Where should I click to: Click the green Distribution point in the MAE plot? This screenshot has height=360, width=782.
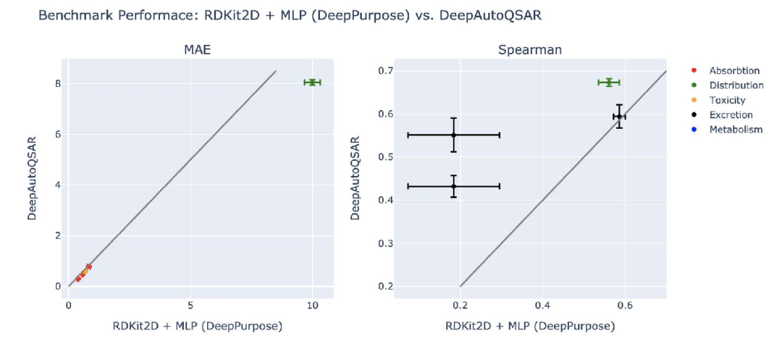click(312, 82)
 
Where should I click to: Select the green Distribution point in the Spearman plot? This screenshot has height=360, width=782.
click(609, 82)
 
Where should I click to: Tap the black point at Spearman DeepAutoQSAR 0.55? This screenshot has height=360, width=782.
click(453, 135)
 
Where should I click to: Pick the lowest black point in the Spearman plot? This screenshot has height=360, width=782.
click(453, 186)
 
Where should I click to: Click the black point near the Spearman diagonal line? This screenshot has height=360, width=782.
click(619, 116)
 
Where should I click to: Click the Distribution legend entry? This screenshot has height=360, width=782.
click(736, 85)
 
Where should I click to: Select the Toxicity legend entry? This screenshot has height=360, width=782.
click(727, 100)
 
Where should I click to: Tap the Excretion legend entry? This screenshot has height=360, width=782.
click(731, 114)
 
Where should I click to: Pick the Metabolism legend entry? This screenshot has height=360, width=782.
click(736, 130)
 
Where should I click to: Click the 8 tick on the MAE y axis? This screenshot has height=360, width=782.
click(57, 83)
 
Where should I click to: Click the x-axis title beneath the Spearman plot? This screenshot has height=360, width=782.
click(530, 326)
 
